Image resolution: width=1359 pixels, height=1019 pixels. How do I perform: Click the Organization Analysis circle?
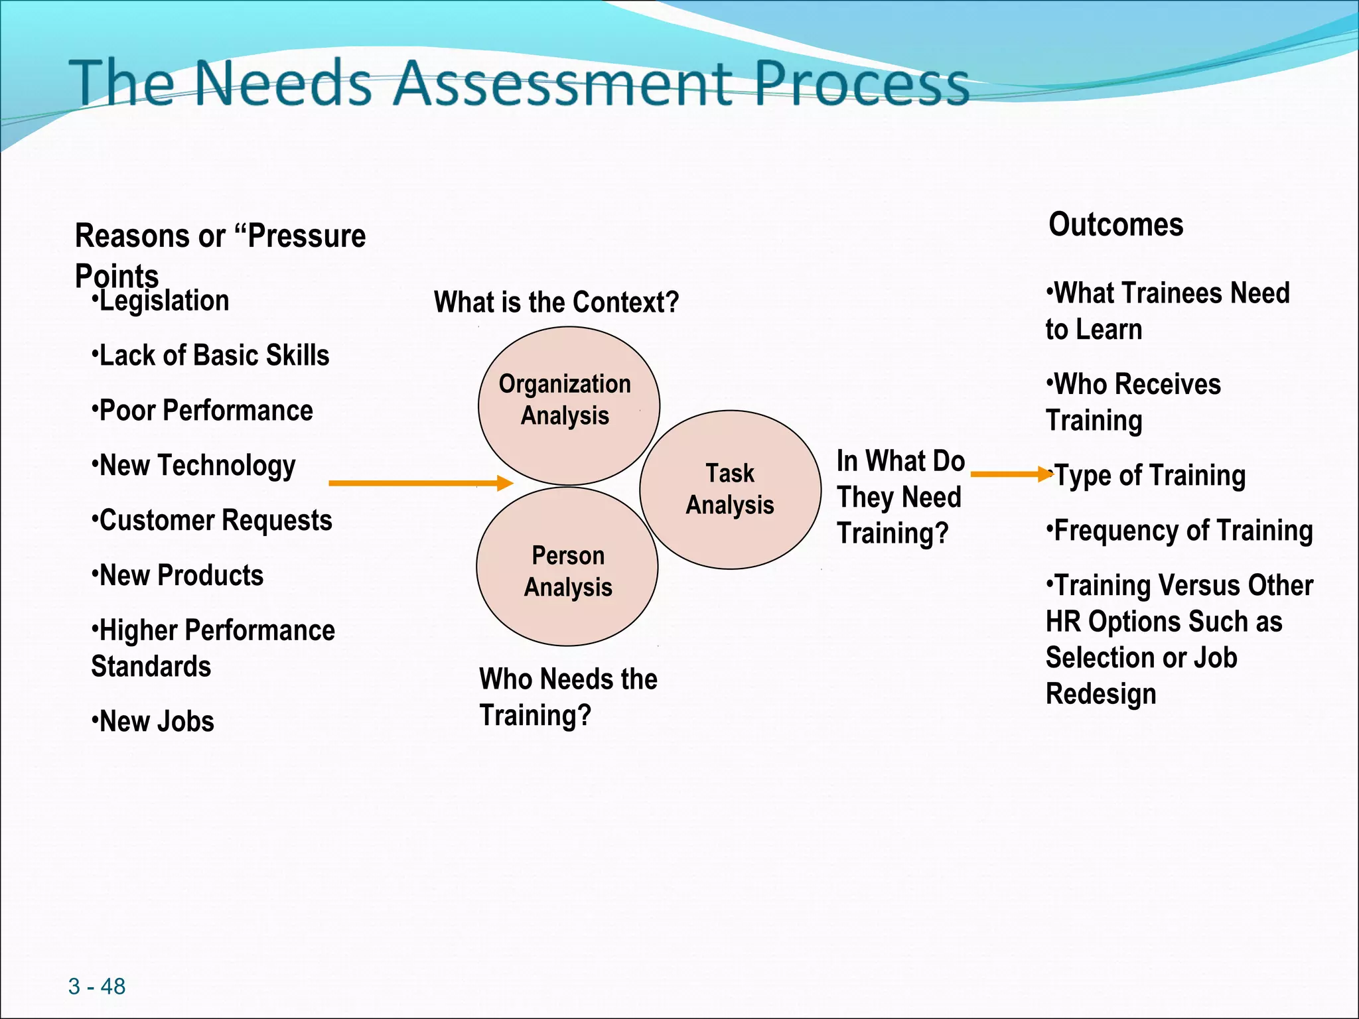tap(568, 405)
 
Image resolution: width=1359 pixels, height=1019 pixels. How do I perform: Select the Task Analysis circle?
tap(730, 490)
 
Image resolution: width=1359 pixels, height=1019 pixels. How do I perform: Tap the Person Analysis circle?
tap(567, 567)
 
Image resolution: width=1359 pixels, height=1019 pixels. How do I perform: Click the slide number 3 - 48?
tap(97, 986)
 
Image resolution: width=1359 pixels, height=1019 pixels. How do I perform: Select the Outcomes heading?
tap(1115, 224)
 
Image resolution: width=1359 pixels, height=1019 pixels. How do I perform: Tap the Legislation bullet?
tap(161, 301)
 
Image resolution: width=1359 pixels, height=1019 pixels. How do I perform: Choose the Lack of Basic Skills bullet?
tap(211, 356)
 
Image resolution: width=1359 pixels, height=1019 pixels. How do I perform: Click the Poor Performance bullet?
tap(203, 411)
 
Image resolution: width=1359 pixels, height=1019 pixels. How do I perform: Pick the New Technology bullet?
tap(194, 466)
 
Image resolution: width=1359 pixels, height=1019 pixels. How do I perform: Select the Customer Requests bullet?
tap(212, 521)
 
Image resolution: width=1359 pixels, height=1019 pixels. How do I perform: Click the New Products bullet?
tap(178, 575)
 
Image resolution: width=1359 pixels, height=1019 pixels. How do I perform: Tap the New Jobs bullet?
tap(153, 722)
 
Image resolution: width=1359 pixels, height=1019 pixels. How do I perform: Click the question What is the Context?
tap(556, 303)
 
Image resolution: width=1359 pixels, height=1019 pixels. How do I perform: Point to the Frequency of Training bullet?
tap(1180, 531)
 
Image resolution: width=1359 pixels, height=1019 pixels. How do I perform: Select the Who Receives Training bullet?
tap(1133, 401)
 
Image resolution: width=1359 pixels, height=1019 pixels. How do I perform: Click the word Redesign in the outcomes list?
tap(1101, 695)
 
